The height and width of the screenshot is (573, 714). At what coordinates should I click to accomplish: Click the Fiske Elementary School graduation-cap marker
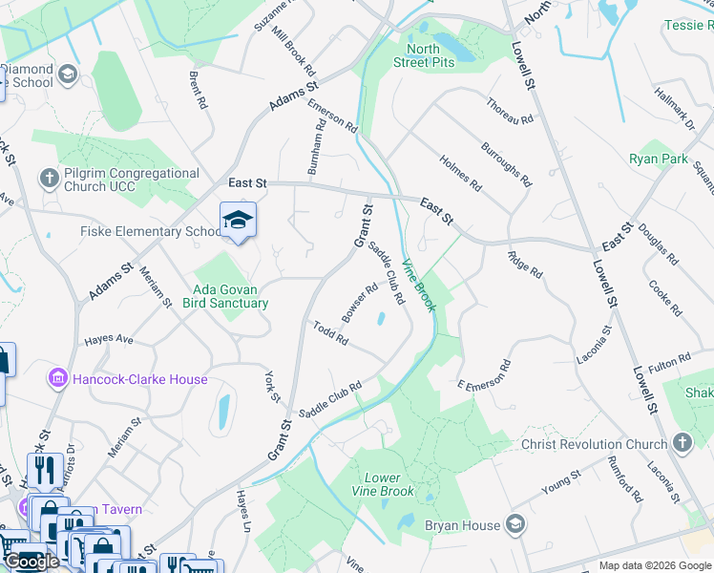(238, 222)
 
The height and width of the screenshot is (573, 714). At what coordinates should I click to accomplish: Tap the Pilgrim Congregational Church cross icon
(49, 178)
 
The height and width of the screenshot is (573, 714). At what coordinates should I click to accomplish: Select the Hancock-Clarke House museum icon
(57, 379)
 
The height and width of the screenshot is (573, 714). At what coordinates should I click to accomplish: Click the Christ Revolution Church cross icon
(681, 443)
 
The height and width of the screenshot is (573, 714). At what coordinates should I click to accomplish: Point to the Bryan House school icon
(515, 524)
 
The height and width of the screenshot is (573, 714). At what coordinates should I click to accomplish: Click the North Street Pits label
(423, 55)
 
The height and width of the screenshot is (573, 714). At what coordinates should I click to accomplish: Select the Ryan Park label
(658, 159)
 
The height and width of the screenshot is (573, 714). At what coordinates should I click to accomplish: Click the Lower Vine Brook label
(389, 484)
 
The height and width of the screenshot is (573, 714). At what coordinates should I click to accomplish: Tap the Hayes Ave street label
(108, 338)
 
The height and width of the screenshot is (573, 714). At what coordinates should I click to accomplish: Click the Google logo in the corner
(31, 562)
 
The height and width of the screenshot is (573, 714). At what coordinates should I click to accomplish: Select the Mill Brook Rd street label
(293, 52)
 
